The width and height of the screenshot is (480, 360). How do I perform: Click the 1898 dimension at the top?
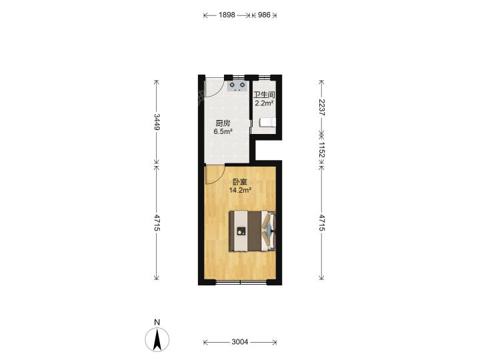(x=227, y=15)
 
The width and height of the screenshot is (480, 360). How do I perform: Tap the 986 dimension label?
(x=264, y=15)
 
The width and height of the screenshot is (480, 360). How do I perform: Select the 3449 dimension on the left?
(x=157, y=122)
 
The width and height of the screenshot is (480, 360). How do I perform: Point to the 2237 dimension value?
(x=321, y=107)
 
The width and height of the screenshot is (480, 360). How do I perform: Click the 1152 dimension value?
(x=321, y=150)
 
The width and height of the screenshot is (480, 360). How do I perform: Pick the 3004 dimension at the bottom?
(x=240, y=342)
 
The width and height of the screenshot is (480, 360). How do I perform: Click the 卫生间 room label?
(x=264, y=95)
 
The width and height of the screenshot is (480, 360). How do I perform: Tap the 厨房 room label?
(x=223, y=123)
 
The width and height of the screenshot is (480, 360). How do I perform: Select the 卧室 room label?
(x=240, y=182)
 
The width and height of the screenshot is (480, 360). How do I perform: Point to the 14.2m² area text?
(x=240, y=190)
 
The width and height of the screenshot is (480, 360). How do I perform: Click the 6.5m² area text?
(x=223, y=131)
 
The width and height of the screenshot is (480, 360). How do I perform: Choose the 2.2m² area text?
(x=264, y=103)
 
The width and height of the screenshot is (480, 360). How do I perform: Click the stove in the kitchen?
(x=237, y=86)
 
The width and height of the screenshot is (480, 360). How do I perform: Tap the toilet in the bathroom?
(x=267, y=123)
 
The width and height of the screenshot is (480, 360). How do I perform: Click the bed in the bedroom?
(x=253, y=231)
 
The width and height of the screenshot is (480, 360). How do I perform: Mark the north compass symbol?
(x=157, y=339)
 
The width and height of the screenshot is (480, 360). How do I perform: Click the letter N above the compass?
(x=157, y=322)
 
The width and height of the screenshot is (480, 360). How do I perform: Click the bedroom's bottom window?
(x=241, y=282)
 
